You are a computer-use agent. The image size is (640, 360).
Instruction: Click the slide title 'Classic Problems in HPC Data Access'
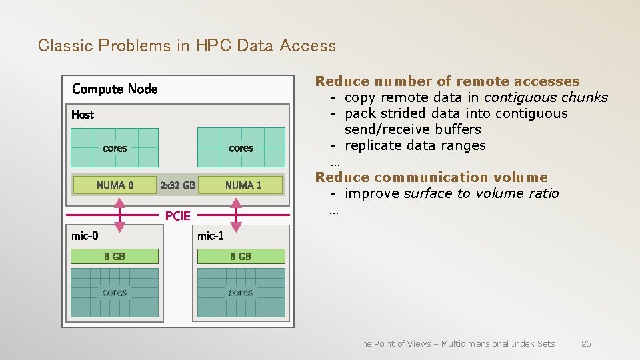click(x=187, y=45)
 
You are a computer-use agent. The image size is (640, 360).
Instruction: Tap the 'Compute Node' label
click(x=115, y=89)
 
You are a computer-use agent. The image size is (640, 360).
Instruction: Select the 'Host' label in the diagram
click(x=83, y=115)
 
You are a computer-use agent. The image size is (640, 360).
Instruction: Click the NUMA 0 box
click(x=115, y=185)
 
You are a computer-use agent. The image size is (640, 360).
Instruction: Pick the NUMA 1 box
click(x=243, y=185)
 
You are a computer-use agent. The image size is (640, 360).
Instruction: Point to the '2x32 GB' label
click(x=178, y=185)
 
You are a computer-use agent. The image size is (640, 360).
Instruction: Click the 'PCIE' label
click(x=178, y=215)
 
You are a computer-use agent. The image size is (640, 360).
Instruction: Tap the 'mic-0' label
click(x=85, y=235)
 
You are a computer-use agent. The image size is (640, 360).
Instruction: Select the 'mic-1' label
click(x=211, y=235)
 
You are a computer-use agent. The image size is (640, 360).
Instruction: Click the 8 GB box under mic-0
click(x=115, y=256)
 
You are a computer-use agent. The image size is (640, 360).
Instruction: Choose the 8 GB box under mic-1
click(x=241, y=256)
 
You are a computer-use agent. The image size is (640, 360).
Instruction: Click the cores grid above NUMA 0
click(x=115, y=147)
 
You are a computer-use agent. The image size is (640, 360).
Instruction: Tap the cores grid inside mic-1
click(x=241, y=293)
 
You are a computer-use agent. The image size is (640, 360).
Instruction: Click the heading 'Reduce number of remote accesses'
click(x=447, y=81)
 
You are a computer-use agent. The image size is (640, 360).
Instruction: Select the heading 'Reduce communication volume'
click(x=431, y=177)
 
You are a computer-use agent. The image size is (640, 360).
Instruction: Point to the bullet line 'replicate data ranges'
click(x=415, y=145)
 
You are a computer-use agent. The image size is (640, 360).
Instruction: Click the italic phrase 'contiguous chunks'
click(x=546, y=97)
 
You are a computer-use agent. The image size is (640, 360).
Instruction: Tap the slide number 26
click(x=586, y=343)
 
